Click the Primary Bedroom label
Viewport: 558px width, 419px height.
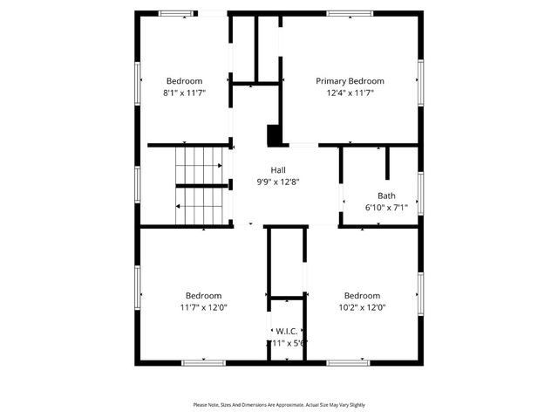[x=350, y=81]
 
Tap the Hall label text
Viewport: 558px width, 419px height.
[x=278, y=170]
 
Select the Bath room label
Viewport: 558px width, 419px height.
[x=386, y=196]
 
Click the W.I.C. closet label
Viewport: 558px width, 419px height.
[x=287, y=332]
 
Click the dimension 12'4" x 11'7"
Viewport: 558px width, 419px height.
[x=350, y=93]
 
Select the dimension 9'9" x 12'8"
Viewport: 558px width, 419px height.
[x=278, y=182]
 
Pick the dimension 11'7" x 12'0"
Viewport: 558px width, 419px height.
[x=203, y=307]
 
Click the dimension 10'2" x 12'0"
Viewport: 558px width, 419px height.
[x=362, y=307]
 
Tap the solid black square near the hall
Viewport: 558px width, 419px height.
[x=274, y=135]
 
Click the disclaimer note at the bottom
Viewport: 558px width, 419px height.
[x=279, y=405]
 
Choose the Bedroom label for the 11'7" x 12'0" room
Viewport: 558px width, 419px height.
[x=203, y=296]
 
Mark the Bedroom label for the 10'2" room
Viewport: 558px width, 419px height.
[x=362, y=296]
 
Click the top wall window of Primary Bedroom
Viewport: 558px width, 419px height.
[x=350, y=13]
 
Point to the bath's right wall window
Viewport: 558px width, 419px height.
[x=420, y=192]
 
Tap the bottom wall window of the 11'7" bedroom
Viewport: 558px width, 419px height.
[x=204, y=362]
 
